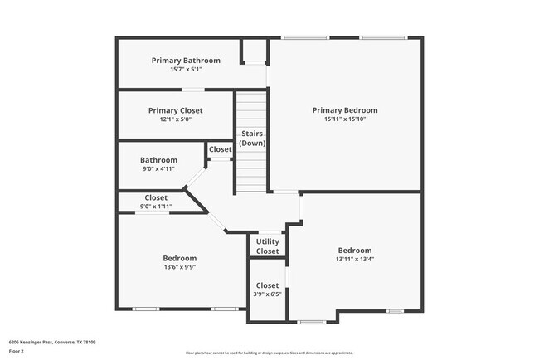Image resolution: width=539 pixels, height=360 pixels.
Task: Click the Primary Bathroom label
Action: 186,61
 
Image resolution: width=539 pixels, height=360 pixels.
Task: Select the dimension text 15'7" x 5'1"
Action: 186,69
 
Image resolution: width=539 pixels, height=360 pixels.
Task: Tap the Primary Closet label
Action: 175,110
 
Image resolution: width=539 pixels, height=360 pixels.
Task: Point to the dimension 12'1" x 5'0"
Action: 175,119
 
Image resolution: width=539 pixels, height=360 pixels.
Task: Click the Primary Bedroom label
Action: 345,110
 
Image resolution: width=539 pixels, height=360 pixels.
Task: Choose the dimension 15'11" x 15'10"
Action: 345,119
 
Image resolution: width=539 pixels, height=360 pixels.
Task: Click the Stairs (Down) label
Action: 252,139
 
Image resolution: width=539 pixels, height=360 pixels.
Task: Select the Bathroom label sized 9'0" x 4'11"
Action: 158,160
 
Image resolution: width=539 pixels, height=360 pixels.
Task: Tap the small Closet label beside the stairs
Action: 221,149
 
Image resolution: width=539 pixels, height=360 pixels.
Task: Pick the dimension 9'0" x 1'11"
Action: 157,206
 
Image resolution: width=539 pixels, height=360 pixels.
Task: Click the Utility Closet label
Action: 267,246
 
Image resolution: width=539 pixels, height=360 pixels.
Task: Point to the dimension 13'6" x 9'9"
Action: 179,268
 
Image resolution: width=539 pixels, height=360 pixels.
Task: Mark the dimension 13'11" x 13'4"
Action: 355,259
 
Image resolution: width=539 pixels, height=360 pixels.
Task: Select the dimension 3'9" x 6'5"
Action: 267,294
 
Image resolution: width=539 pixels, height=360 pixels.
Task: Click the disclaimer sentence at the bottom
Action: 269,353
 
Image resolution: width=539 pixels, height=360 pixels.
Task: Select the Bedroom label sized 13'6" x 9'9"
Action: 179,259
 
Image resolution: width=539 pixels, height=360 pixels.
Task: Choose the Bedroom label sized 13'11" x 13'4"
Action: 355,250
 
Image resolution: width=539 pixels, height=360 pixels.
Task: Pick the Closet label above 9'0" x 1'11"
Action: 157,197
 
